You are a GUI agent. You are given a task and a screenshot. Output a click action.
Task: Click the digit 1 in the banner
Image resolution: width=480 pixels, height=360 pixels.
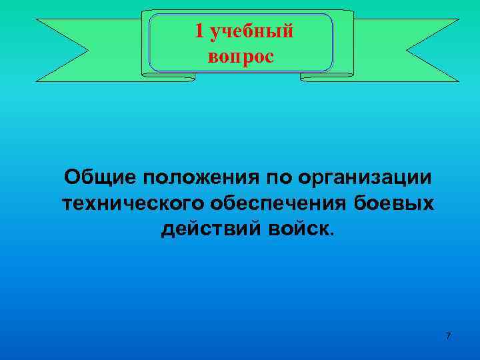click(x=199, y=31)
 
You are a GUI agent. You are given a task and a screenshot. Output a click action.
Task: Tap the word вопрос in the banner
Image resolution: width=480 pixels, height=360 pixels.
click(x=241, y=57)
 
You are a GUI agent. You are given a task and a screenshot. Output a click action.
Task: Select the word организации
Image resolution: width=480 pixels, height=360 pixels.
click(x=365, y=179)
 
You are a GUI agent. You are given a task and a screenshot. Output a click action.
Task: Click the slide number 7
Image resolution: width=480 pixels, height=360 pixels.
click(x=448, y=335)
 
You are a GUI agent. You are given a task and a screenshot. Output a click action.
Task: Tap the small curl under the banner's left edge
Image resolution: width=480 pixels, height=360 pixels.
click(x=169, y=77)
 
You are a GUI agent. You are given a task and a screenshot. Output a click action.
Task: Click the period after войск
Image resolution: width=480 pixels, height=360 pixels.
click(x=327, y=234)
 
